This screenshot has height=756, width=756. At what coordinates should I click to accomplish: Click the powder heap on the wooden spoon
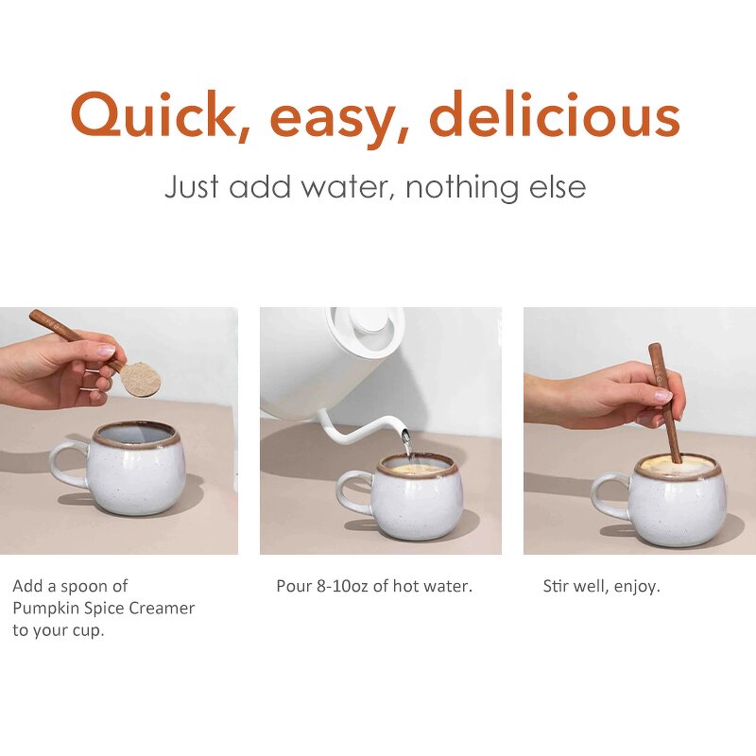point(140,380)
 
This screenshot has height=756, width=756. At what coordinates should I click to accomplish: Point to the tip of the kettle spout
point(407,436)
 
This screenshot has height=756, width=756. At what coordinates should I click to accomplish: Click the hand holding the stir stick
point(605,392)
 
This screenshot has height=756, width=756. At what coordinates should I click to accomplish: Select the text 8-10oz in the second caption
point(341,586)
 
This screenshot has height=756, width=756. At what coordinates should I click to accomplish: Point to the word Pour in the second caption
point(292,586)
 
